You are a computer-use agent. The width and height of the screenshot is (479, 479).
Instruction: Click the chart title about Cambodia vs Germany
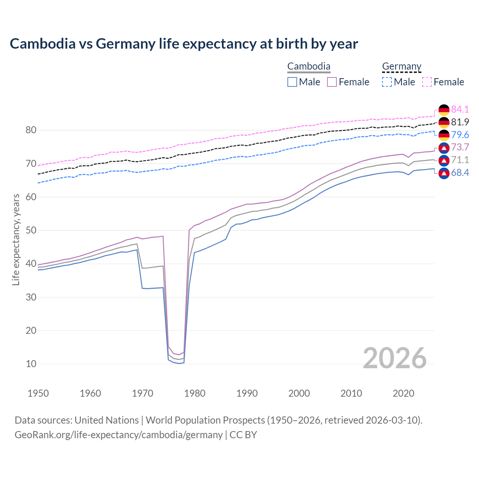(184, 44)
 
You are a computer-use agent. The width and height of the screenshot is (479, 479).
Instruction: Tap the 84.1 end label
(460, 109)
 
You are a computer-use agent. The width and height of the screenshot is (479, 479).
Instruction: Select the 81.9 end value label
(460, 122)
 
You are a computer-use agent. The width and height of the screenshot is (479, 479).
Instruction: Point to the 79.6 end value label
(460, 135)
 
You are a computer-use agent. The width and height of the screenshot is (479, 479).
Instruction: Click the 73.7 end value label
(460, 147)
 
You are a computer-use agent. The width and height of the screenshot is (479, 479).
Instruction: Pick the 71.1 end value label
(460, 160)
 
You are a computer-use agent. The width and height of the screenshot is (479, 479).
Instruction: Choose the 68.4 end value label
(460, 173)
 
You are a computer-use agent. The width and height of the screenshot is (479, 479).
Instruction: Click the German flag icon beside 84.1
(444, 110)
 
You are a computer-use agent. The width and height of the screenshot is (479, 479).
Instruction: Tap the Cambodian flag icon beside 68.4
(444, 173)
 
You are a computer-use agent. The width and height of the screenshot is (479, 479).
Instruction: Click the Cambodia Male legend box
(292, 82)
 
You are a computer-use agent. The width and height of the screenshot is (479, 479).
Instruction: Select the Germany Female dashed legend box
(427, 82)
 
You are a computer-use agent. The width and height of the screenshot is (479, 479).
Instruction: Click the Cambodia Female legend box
(332, 82)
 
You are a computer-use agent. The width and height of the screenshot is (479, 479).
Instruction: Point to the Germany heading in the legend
(402, 66)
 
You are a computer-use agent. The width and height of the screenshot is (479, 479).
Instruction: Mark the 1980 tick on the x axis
(195, 393)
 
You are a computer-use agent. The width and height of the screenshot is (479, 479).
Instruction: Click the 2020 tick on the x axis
(403, 393)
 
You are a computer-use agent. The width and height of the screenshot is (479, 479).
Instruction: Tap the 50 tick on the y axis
(31, 230)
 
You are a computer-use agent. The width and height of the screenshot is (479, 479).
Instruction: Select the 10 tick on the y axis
(31, 364)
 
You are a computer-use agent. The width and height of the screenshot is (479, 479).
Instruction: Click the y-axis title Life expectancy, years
(16, 239)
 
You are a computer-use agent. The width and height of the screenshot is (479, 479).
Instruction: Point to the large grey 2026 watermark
(395, 358)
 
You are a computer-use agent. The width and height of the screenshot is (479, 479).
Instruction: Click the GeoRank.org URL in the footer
(119, 435)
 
